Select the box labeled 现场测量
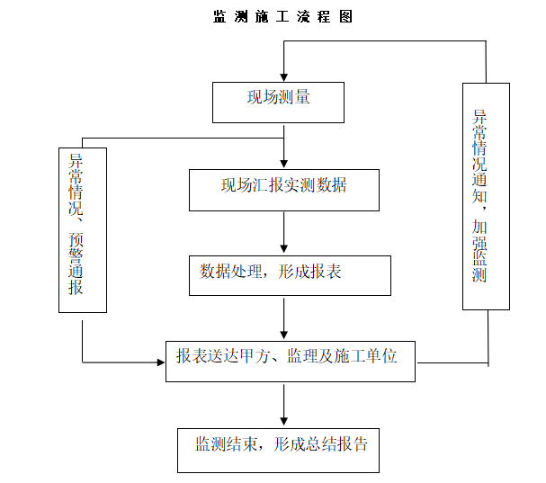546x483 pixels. pyautogui.click(x=278, y=102)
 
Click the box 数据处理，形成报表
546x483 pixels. pyautogui.click(x=290, y=275)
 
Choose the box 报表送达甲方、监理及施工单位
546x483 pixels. pyautogui.click(x=290, y=360)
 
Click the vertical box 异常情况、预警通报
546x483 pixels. pyautogui.click(x=82, y=229)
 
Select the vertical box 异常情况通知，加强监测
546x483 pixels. pyautogui.click(x=486, y=196)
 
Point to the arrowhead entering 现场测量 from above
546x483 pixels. pyautogui.click(x=284, y=76)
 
